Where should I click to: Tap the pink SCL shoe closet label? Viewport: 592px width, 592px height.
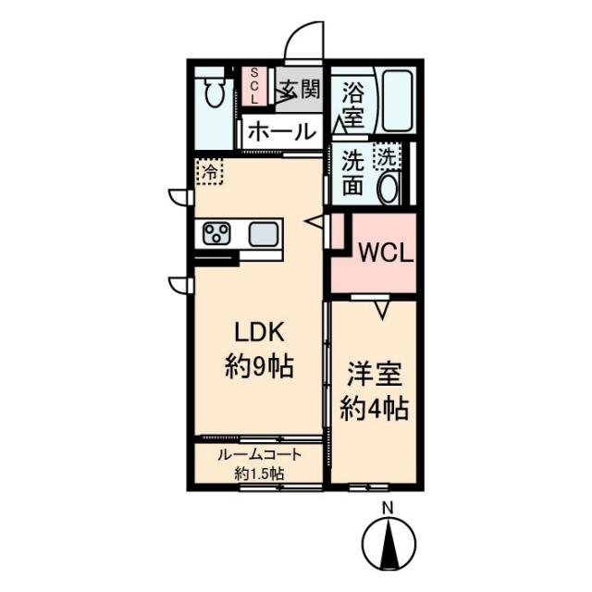click(254, 86)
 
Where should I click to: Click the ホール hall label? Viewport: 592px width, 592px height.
click(282, 131)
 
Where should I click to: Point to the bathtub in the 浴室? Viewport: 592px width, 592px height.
click(397, 101)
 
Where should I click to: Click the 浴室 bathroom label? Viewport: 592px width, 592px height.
click(353, 105)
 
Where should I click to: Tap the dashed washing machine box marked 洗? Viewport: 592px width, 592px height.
click(388, 156)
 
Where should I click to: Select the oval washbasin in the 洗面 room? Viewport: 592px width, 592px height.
click(388, 188)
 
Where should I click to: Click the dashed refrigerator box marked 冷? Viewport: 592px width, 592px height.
click(209, 171)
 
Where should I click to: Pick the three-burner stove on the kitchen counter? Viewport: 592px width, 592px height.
click(216, 233)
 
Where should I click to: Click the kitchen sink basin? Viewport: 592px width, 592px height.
click(263, 233)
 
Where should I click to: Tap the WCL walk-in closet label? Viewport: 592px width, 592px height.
click(386, 253)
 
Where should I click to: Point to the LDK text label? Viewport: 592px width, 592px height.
click(259, 332)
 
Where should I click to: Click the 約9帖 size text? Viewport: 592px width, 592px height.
click(259, 366)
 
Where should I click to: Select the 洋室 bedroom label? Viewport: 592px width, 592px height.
click(375, 374)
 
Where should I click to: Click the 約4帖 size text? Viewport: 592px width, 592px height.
click(375, 409)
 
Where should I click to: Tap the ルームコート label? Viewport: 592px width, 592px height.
click(259, 454)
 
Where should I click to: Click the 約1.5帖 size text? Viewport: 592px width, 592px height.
click(259, 473)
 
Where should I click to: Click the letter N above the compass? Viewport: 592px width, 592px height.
click(388, 508)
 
